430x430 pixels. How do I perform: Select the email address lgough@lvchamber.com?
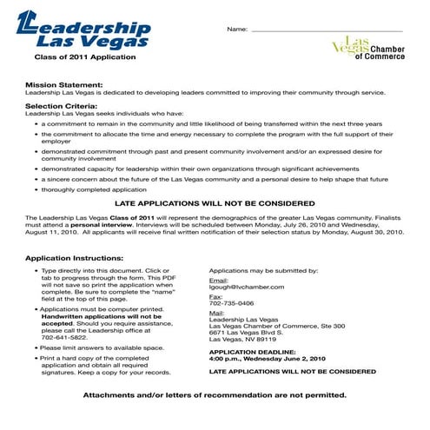tap(248, 286)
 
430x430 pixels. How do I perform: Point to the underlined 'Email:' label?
tap(219, 279)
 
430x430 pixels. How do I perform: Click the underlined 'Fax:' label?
tap(216, 296)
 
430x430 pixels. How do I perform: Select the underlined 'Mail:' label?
tap(217, 313)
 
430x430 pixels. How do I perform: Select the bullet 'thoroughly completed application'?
tap(94, 189)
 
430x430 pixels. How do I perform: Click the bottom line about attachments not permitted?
tap(215, 394)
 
